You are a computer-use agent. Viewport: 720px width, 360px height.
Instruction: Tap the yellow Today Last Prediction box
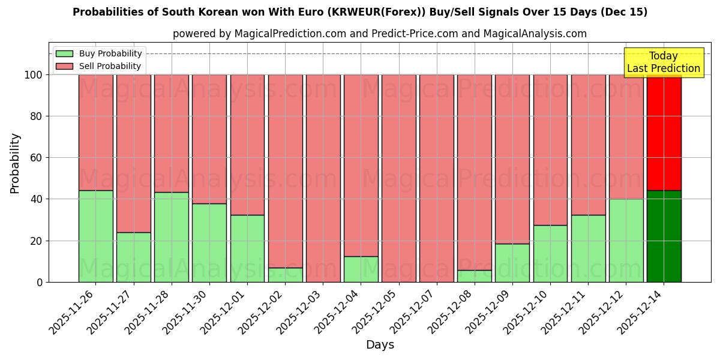click(x=663, y=62)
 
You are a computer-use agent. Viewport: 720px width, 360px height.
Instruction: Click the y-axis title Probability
click(x=15, y=163)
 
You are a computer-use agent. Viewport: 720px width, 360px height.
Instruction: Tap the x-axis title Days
click(x=380, y=345)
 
